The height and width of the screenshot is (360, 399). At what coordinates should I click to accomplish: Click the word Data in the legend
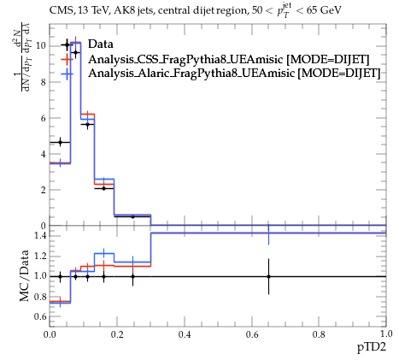pos(101,44)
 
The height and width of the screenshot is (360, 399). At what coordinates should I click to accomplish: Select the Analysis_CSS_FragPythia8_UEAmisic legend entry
pos(228,60)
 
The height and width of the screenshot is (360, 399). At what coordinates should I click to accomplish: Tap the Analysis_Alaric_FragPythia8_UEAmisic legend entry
pos(234,74)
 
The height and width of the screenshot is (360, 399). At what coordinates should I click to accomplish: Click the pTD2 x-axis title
pos(372,347)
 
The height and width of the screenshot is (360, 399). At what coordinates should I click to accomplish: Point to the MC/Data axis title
pos(25,275)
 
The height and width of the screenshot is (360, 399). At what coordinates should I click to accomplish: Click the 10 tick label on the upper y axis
pos(41,46)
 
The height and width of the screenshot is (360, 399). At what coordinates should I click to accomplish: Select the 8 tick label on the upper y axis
pos(43,82)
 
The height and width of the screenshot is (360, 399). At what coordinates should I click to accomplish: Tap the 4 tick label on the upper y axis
pos(43,154)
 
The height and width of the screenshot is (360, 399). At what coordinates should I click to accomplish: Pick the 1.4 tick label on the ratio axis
pos(39,236)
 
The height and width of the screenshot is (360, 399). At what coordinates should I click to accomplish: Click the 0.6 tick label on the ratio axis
pos(39,316)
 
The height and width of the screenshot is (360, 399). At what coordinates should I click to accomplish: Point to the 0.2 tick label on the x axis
pos(117,334)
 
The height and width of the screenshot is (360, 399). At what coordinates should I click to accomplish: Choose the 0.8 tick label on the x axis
pos(319,334)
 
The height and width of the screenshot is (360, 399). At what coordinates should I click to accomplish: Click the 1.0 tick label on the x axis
pos(386,334)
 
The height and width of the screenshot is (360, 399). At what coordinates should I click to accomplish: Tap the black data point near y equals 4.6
pos(60,142)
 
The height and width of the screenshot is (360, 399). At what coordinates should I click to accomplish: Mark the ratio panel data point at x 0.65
pos(268,276)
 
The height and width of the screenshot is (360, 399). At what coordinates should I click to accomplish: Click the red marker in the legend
pos(67,60)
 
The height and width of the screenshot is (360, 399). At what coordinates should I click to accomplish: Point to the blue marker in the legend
pos(67,74)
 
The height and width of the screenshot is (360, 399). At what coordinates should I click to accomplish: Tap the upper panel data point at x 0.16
pos(103,188)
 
